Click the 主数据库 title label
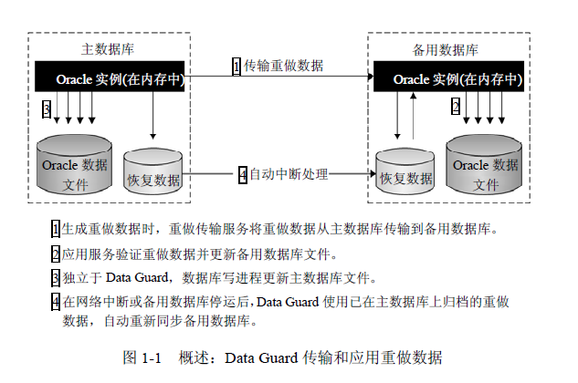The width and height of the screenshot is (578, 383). pos(108,48)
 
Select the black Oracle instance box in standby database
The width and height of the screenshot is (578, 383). pos(447,78)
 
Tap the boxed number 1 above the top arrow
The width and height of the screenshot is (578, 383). pos(236,67)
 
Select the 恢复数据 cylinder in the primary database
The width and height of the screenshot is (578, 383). pos(152,171)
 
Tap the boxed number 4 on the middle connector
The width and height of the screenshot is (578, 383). pos(242,173)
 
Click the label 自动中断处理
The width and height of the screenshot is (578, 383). pos(289,173)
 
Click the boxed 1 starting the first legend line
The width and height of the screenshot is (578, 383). pos(56,228)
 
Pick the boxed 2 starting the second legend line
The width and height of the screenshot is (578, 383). pos(56,254)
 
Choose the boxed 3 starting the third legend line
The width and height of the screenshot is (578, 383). pos(56,277)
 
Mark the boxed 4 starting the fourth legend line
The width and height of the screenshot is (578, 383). pos(56,301)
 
